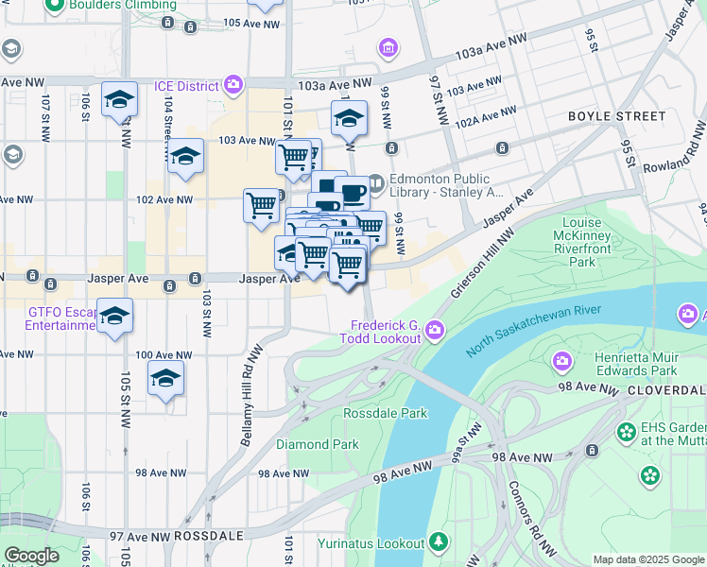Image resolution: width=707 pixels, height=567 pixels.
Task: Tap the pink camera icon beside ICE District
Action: (233, 86)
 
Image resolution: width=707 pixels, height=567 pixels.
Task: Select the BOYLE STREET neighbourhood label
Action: (616, 116)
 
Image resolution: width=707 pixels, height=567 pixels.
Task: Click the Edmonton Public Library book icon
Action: (375, 180)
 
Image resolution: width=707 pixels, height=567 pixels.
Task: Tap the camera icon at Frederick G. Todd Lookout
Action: (434, 329)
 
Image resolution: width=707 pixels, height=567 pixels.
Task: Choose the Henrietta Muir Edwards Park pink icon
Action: (562, 361)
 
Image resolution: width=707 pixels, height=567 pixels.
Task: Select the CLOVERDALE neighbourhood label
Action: (667, 389)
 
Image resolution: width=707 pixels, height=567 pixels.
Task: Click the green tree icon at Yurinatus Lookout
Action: (438, 542)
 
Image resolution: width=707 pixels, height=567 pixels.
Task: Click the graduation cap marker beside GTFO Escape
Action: (115, 317)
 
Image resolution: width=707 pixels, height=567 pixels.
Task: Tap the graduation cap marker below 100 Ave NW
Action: (165, 379)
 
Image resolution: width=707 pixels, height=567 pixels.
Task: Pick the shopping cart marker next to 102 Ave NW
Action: (261, 204)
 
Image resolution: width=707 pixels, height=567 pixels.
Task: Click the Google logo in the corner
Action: (31, 556)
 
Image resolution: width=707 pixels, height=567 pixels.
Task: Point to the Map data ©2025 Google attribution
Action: (647, 559)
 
